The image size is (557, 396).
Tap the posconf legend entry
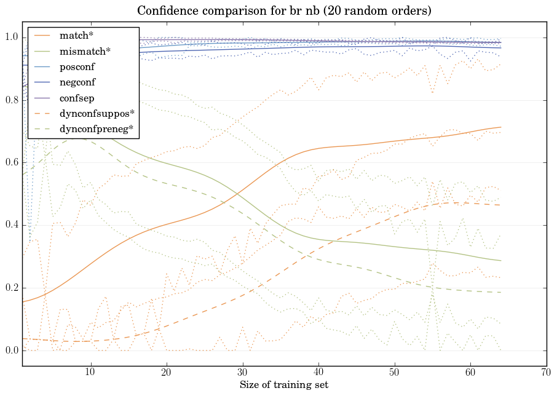pos(77,66)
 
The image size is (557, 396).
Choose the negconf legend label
pos(77,82)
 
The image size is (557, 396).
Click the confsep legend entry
pos(76,98)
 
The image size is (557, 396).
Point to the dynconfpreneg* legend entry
pos(97,130)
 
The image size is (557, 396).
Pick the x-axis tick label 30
pos(242,373)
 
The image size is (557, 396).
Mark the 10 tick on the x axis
pos(90,373)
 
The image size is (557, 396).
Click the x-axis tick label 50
pos(394,373)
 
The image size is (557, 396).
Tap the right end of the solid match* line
pos(501,127)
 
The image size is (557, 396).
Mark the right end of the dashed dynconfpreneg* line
pos(501,292)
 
